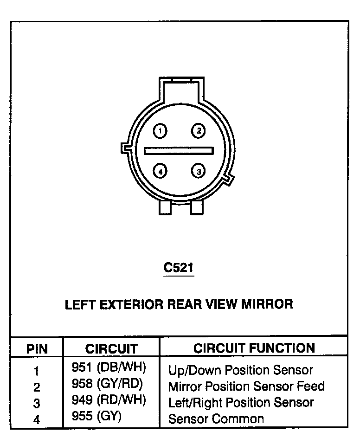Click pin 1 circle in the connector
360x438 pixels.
click(160, 131)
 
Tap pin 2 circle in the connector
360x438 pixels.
click(198, 131)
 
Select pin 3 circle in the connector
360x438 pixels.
click(198, 171)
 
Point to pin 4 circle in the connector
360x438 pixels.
click(160, 171)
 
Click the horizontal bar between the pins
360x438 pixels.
click(179, 151)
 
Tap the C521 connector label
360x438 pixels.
click(179, 268)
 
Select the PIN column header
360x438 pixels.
click(37, 348)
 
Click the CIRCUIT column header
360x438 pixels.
click(112, 348)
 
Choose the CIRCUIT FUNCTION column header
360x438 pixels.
click(254, 348)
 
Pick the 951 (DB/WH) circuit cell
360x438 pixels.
click(109, 368)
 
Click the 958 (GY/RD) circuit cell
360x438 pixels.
click(108, 384)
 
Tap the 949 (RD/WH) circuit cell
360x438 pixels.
click(109, 400)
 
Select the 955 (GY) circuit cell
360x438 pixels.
click(96, 416)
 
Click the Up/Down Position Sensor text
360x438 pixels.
click(241, 370)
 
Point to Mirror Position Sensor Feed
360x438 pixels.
click(246, 386)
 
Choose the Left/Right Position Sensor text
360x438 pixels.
click(241, 402)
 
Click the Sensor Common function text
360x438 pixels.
click(216, 419)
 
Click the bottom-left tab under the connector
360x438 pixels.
click(165, 207)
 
